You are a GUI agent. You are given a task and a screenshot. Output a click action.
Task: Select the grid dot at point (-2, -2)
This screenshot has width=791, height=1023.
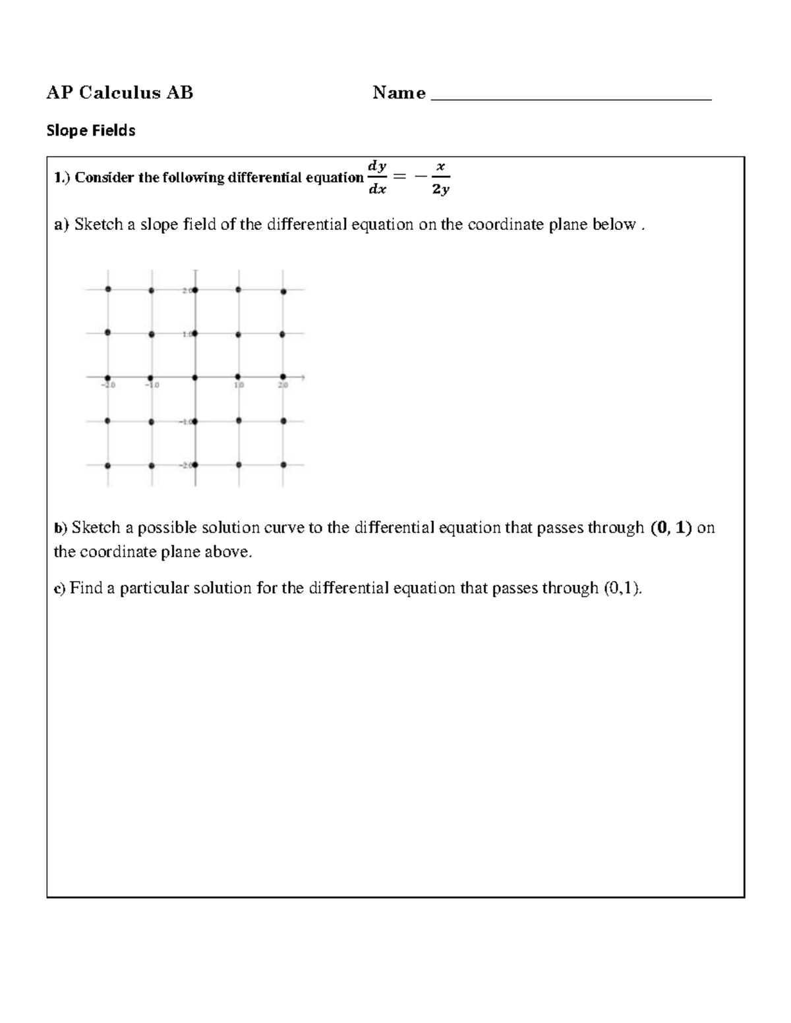(107, 466)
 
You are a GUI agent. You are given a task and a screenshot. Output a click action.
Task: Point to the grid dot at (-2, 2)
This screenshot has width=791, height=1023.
(108, 289)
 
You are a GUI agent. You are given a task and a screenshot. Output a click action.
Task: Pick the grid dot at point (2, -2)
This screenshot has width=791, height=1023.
(283, 465)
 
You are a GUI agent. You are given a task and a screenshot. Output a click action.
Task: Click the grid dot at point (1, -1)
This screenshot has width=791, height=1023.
(239, 421)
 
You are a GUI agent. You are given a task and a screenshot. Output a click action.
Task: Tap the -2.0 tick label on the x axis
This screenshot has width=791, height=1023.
(108, 385)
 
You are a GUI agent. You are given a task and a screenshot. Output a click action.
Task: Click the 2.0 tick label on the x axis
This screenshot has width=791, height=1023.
(283, 385)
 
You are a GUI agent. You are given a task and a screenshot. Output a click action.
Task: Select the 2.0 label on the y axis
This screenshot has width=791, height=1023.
(187, 290)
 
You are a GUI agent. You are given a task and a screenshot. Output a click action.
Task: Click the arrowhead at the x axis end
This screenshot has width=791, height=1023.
(303, 377)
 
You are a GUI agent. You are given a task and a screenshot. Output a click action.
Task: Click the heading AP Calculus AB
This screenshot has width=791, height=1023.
(119, 93)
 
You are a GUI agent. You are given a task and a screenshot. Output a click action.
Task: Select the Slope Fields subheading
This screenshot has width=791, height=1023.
(90, 131)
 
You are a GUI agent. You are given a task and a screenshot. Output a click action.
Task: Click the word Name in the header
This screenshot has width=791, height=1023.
(399, 93)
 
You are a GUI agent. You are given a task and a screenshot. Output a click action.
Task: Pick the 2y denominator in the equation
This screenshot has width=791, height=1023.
(441, 190)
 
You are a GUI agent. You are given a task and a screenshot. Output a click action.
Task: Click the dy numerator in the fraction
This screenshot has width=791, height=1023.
(377, 166)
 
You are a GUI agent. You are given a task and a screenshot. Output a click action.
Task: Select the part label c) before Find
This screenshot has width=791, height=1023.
(59, 588)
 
